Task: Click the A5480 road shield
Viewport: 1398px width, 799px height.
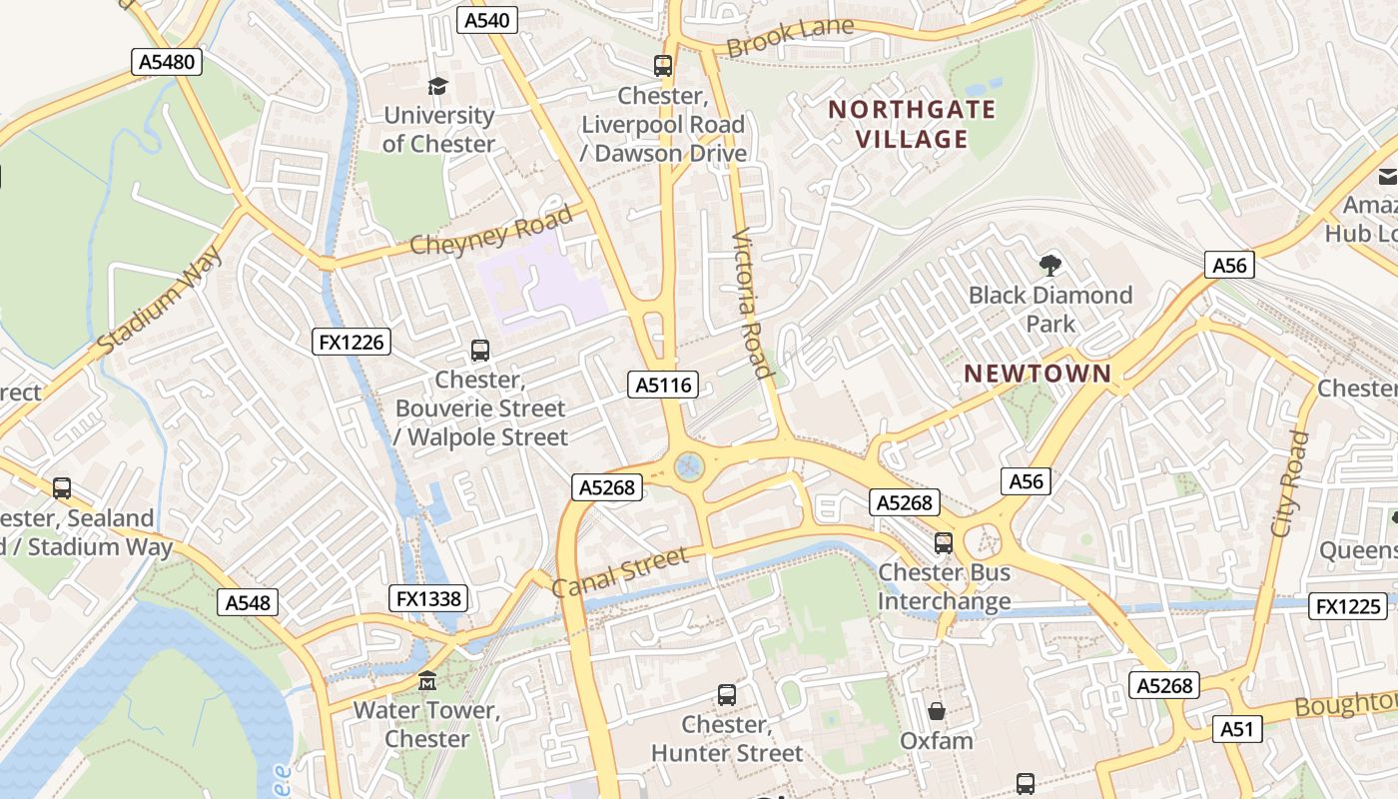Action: coord(167,62)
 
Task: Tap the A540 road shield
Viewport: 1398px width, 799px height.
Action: coord(487,20)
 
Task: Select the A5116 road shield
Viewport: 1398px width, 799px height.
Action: coord(663,385)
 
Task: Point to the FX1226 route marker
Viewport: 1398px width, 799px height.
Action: coord(350,343)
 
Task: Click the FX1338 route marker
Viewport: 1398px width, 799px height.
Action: coord(428,598)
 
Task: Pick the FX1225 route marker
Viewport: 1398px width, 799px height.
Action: coord(1348,606)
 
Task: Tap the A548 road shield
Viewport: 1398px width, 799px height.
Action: coord(247,602)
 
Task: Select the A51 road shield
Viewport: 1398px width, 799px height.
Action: coord(1236,729)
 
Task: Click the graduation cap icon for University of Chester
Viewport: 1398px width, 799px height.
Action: coord(438,87)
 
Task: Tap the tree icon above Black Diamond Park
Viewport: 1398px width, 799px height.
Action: coord(1049,266)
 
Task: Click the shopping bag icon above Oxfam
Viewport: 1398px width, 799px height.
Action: coord(937,711)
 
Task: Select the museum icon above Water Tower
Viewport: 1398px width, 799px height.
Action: coord(427,681)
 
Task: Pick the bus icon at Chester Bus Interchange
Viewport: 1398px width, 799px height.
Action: coord(944,543)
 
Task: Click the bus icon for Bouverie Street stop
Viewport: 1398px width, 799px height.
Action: coord(480,351)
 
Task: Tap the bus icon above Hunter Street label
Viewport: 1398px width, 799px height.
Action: coord(727,694)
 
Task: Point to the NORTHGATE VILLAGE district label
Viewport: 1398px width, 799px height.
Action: coord(912,124)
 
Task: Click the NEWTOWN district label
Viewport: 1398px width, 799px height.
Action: coord(1038,374)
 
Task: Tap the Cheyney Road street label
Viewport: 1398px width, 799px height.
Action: coord(492,231)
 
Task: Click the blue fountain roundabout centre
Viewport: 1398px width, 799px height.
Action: coord(688,465)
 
